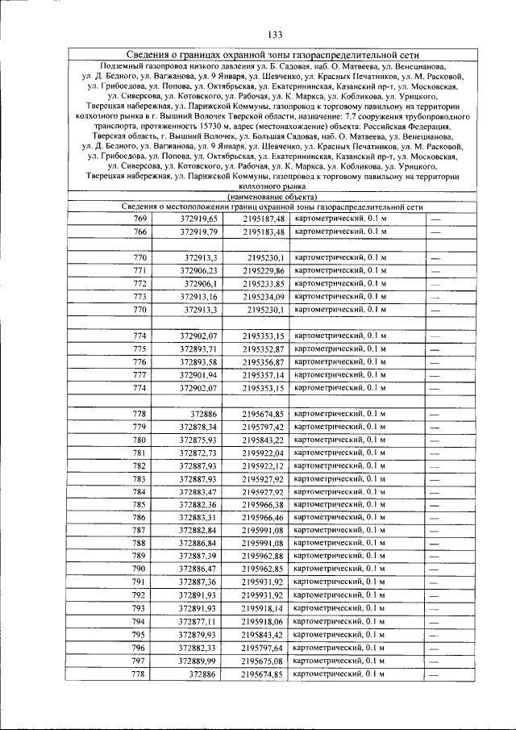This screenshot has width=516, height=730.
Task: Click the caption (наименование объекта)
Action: tap(272, 196)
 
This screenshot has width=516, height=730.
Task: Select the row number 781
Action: tap(139, 453)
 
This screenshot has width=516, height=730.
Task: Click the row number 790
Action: tap(139, 569)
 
